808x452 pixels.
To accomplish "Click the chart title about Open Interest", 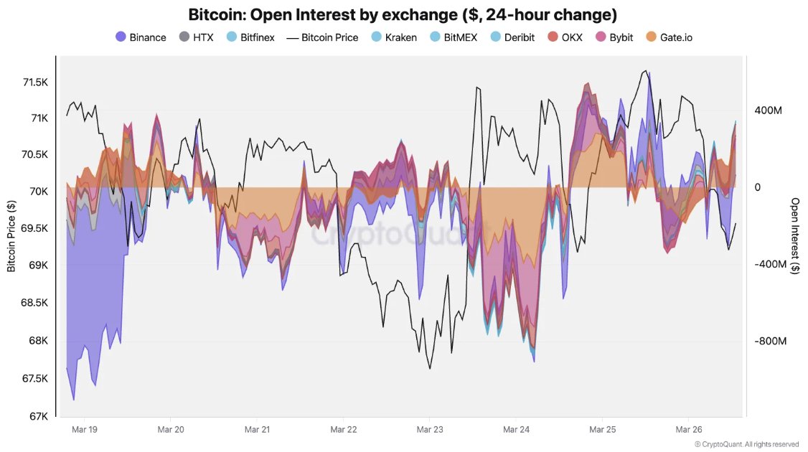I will coord(403,14).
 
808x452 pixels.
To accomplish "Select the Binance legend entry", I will coord(141,37).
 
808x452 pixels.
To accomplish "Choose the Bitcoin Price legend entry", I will coord(322,37).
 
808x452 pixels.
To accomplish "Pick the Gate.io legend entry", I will coord(669,37).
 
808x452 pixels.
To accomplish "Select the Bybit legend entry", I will coord(614,37).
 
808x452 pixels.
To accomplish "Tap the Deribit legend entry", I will coord(512,37).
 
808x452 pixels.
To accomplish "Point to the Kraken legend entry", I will coord(393,37).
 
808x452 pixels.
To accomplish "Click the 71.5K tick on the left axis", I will coord(34,83).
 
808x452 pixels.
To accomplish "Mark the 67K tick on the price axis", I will coord(38,416).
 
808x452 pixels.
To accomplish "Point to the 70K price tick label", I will coord(38,192).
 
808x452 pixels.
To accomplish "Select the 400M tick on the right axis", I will coord(767,110).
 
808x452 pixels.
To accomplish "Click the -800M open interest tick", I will coord(769,342).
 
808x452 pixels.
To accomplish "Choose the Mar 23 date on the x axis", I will coord(428,430).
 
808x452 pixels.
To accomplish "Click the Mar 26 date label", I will coord(687,430).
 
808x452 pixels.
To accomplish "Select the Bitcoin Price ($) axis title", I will coord(11,236).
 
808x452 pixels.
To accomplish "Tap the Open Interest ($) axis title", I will coord(795,236).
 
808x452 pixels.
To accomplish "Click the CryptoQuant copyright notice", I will coord(746,444).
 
